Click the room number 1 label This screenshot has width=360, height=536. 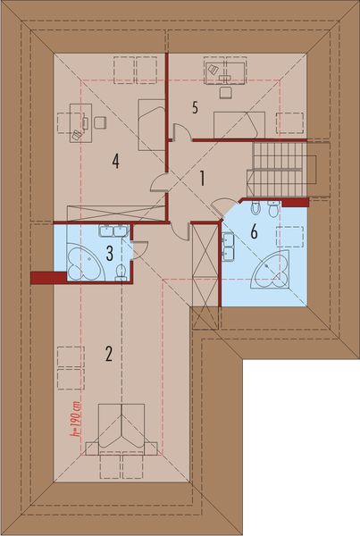tap(203, 178)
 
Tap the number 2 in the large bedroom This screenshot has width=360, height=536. tap(108, 353)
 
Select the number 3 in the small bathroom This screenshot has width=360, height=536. tap(110, 253)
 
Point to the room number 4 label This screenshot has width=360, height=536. tap(116, 161)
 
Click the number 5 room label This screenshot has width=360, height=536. tap(194, 107)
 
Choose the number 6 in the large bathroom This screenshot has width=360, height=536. tap(254, 231)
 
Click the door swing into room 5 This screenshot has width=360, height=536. tap(180, 134)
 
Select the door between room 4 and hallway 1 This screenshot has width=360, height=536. tap(160, 183)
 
